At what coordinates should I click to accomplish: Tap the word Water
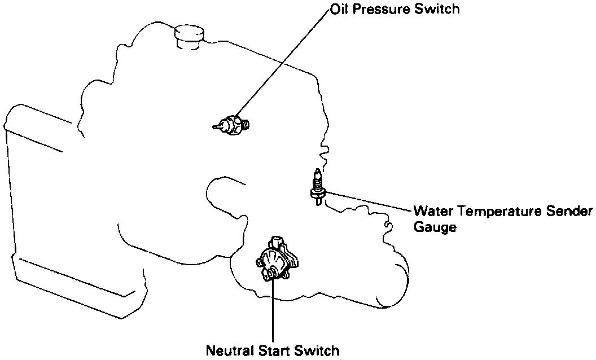pos(432,212)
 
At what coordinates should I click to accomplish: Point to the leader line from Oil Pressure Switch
pos(282,62)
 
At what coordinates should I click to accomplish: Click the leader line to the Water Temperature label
pos(367,201)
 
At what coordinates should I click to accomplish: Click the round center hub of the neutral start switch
pos(271,273)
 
